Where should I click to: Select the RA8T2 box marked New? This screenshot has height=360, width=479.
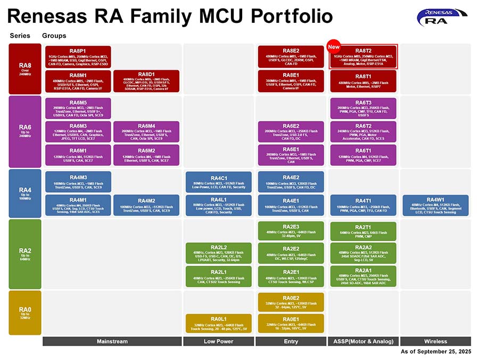pyautogui.click(x=364, y=56)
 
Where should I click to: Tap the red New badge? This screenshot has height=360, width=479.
pyautogui.click(x=334, y=46)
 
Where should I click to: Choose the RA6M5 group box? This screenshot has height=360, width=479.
pyautogui.click(x=78, y=108)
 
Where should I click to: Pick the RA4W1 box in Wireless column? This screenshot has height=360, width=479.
pyautogui.click(x=435, y=205)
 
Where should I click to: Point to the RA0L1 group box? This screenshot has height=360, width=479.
pyautogui.click(x=219, y=323)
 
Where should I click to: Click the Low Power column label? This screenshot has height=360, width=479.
pyautogui.click(x=218, y=341)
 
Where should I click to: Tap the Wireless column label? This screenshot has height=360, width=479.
pyautogui.click(x=435, y=341)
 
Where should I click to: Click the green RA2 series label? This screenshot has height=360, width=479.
pyautogui.click(x=25, y=253)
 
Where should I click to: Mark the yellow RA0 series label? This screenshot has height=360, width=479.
pyautogui.click(x=25, y=312)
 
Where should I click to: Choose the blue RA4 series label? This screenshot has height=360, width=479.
pyautogui.click(x=25, y=193)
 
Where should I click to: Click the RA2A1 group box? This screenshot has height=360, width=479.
pyautogui.click(x=364, y=276)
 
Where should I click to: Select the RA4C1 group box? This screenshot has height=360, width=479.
pyautogui.click(x=219, y=182)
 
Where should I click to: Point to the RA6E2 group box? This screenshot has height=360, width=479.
pyautogui.click(x=291, y=132)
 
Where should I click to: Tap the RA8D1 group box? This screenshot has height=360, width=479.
pyautogui.click(x=146, y=81)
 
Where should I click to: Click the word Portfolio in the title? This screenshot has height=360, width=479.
pyautogui.click(x=279, y=17)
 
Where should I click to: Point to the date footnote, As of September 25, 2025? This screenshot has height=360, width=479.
pyautogui.click(x=436, y=351)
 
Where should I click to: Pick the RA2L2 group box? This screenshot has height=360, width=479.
pyautogui.click(x=219, y=253)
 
